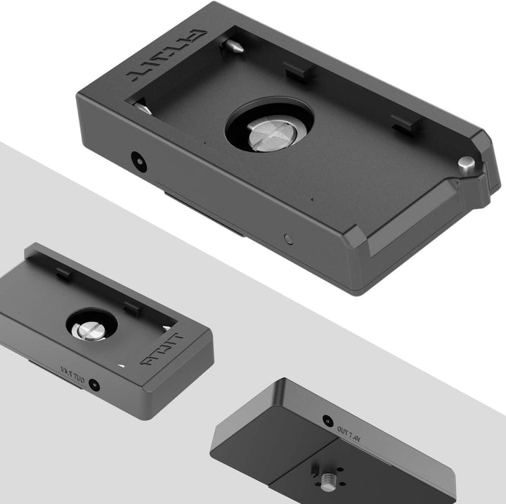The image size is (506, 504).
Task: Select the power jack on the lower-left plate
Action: [x=92, y=385]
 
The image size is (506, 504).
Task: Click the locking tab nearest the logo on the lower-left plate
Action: [x=131, y=306]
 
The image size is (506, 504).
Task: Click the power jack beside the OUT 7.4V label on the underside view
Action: [x=327, y=421]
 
